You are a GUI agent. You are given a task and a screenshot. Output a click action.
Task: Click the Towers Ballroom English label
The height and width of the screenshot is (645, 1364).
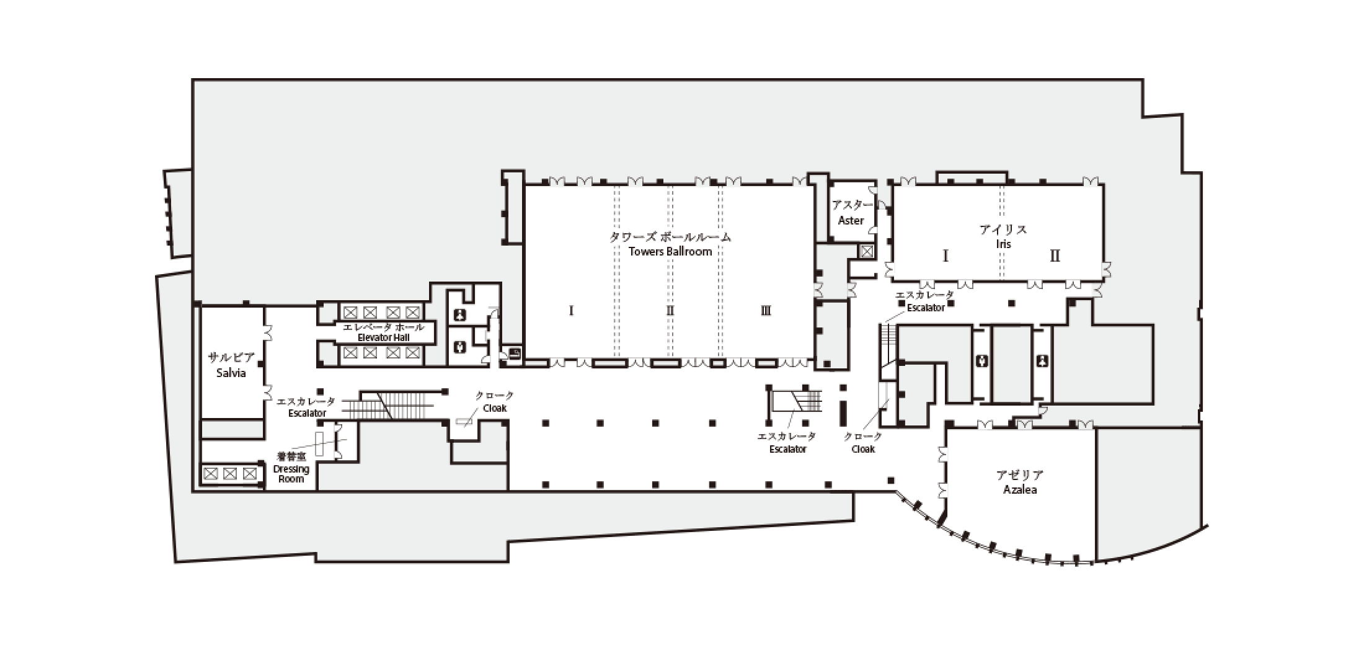click(x=670, y=251)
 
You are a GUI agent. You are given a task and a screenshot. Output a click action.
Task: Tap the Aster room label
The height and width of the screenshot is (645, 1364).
click(x=851, y=220)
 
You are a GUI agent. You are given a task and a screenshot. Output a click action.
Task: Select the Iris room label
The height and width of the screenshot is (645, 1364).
click(x=1003, y=244)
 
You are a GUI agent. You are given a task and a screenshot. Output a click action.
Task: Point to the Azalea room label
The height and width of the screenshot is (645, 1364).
click(x=1020, y=489)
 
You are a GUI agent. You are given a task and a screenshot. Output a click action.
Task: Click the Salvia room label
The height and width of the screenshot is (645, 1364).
click(x=231, y=373)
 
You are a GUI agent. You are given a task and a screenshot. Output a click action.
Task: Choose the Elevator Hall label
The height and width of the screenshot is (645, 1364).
click(x=384, y=337)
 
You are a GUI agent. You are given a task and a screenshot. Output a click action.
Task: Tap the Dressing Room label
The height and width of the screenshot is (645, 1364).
click(x=291, y=474)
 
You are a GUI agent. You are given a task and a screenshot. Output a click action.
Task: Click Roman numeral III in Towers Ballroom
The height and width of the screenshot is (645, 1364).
click(x=766, y=311)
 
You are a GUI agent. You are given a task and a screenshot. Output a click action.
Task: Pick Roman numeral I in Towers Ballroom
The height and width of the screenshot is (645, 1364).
click(x=571, y=311)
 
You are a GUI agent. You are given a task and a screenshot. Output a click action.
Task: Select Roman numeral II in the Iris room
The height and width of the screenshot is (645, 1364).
click(x=1055, y=256)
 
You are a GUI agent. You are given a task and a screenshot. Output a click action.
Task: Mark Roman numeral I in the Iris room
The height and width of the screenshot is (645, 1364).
click(x=945, y=256)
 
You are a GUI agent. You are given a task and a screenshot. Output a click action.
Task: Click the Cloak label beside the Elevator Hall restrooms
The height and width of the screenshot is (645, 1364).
click(x=495, y=408)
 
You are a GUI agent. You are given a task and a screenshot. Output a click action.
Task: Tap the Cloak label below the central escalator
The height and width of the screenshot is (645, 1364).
click(x=863, y=448)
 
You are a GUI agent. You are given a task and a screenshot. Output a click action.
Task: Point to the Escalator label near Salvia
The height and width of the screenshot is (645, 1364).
click(x=307, y=413)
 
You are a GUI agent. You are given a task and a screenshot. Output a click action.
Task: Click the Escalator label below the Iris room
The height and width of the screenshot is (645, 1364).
click(x=926, y=308)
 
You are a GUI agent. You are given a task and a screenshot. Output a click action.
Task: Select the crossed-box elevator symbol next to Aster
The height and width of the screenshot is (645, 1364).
click(x=866, y=251)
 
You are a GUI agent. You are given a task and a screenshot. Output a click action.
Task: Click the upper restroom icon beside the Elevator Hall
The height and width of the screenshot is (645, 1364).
click(x=460, y=314)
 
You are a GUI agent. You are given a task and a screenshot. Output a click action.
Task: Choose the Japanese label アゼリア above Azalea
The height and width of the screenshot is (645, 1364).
click(x=1019, y=476)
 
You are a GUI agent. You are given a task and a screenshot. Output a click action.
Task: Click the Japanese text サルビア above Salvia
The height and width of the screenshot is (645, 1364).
click(x=231, y=358)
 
